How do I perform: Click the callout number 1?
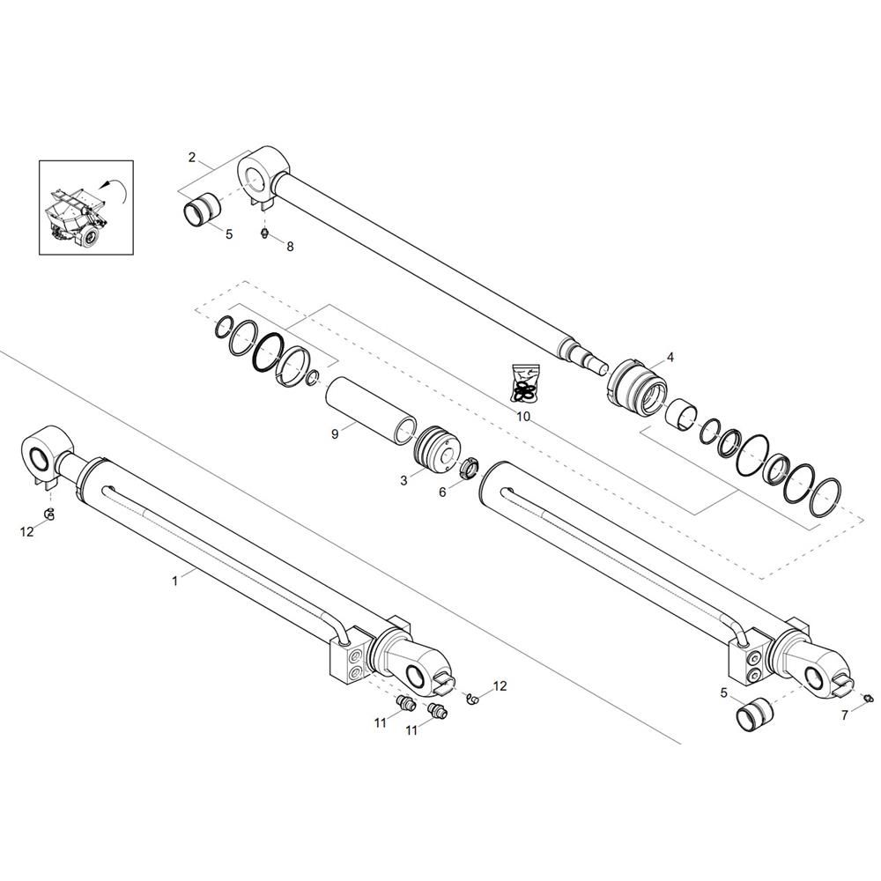[x=174, y=581]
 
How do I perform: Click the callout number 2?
[x=191, y=158]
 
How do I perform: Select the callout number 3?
[x=403, y=481]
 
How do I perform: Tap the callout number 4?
[x=670, y=357]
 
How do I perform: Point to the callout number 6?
[x=442, y=492]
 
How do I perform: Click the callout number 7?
[x=845, y=715]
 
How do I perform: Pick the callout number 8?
[x=290, y=247]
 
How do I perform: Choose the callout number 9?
[x=335, y=434]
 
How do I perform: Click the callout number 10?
[x=523, y=417]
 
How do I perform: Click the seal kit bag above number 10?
[x=526, y=384]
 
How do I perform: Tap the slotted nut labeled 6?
[x=470, y=468]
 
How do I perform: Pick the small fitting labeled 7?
[x=867, y=698]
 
